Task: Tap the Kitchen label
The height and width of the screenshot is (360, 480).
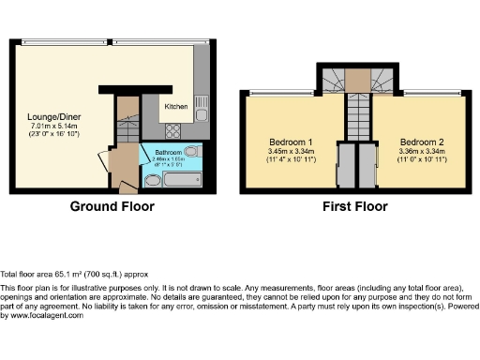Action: coord(176,107)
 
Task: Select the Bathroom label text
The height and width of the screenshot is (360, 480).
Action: coord(168,152)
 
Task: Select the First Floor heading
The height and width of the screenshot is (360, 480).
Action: coord(355,207)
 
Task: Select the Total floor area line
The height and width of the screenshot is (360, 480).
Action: coord(67,269)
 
